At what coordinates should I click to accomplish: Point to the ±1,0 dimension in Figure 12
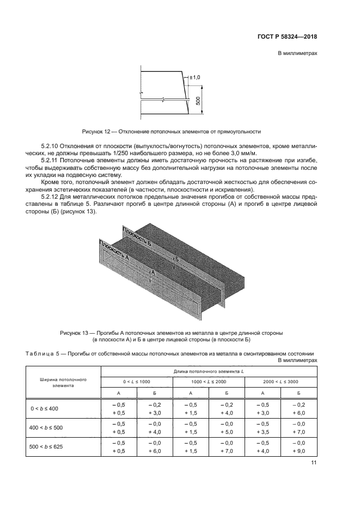(195, 78)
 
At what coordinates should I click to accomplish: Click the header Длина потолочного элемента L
(209, 370)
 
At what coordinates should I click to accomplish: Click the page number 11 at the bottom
(314, 463)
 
